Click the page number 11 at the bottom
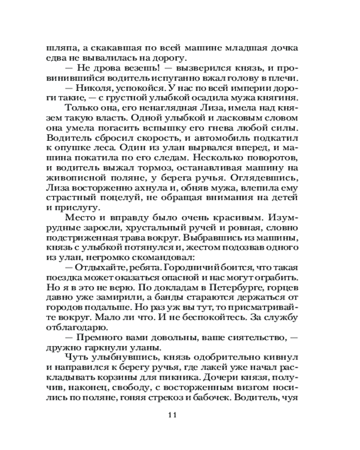pos(180,415)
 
